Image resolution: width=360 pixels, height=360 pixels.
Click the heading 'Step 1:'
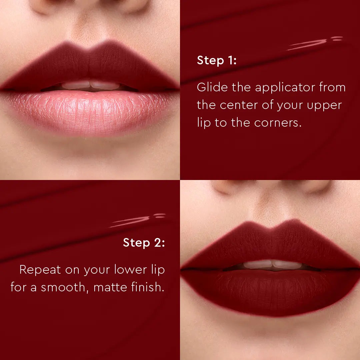tap(217, 61)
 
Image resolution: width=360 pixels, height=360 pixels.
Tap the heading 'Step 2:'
tap(144, 243)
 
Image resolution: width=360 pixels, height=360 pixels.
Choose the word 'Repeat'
tap(40, 270)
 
